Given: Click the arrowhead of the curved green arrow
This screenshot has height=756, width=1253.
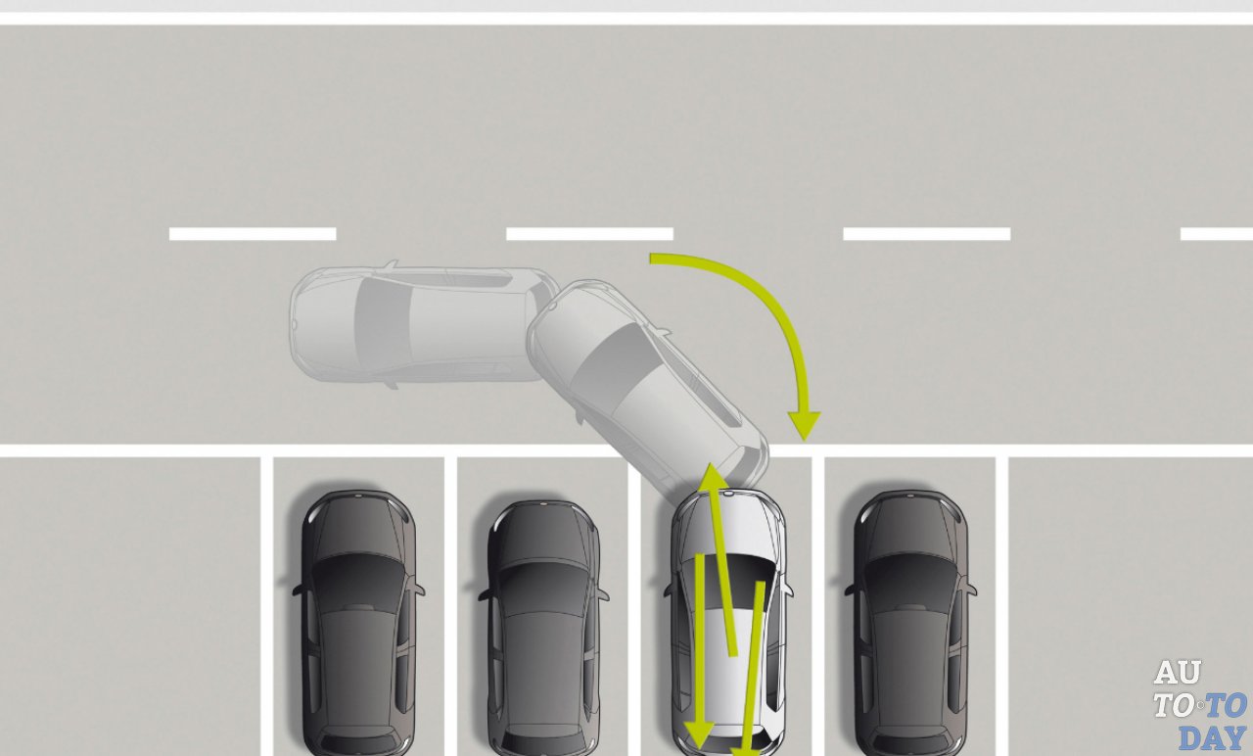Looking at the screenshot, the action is [804, 425].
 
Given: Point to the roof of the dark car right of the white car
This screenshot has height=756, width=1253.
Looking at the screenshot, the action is [910, 655].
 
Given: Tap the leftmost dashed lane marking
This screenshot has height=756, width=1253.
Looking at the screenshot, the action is [253, 233].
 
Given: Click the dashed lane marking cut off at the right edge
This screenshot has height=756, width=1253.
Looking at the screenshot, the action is [1217, 233].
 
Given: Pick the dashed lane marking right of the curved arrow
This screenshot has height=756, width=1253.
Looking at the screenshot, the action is [927, 233].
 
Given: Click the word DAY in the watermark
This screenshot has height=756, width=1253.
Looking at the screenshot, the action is [1213, 738].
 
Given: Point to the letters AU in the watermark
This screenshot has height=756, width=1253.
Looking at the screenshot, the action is [1178, 672].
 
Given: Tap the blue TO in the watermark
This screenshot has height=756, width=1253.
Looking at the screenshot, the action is [1226, 705].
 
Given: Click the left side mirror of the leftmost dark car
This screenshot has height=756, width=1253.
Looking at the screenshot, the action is [300, 589].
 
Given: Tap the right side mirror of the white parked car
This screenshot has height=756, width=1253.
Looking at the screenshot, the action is [787, 589].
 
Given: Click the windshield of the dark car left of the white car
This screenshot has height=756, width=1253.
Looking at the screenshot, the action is [542, 581].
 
